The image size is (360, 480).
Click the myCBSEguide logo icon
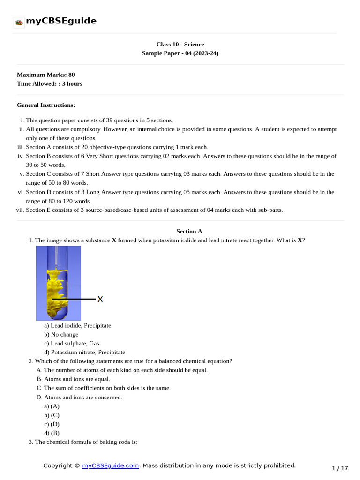pyautogui.click(x=19, y=22)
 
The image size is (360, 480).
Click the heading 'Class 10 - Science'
pyautogui.click(x=180, y=45)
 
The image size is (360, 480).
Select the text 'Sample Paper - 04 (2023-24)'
pyautogui.click(x=180, y=53)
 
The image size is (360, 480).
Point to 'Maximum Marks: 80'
pyautogui.click(x=45, y=75)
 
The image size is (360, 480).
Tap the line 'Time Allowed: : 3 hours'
pyautogui.click(x=49, y=83)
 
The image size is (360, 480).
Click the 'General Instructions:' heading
pyautogui.click(x=46, y=105)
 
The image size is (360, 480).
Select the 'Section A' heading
pyautogui.click(x=189, y=231)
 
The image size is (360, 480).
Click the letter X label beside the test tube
pyautogui.click(x=100, y=299)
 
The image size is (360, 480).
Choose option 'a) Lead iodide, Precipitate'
pyautogui.click(x=77, y=325)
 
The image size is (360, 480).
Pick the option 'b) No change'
pyautogui.click(x=61, y=334)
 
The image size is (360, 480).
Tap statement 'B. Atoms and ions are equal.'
pyautogui.click(x=73, y=379)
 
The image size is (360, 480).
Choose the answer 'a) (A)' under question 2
pyautogui.click(x=52, y=406)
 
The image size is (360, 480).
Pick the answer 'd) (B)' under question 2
pyautogui.click(x=52, y=433)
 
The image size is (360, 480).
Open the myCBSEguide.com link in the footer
pyautogui.click(x=111, y=465)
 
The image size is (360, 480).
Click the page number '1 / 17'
pyautogui.click(x=340, y=468)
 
